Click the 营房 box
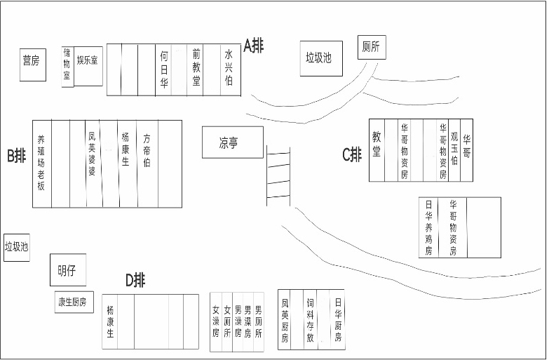(31, 61)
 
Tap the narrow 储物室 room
(67, 65)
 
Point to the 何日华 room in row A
(163, 69)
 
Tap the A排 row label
(254, 46)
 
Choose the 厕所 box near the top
(371, 48)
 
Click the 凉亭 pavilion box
(232, 142)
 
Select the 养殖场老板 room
(41, 163)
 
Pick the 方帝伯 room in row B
(147, 163)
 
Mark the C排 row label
(352, 154)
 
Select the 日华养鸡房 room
(429, 227)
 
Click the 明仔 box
(67, 269)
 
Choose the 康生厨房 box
(74, 302)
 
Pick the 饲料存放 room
(310, 319)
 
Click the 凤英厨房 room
(285, 319)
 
